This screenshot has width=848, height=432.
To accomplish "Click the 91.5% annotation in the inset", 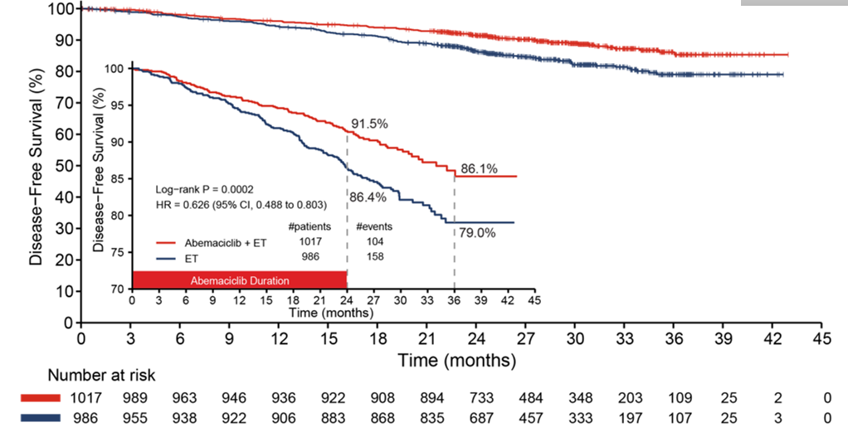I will point(370,124).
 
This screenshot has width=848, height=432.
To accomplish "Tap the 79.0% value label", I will point(478,233).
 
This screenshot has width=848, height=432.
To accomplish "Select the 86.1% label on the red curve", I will point(479,168).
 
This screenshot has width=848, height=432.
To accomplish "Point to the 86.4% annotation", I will point(369,199).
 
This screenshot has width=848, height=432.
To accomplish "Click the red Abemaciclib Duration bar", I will point(239,279).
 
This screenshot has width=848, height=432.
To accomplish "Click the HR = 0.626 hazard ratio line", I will point(240,204).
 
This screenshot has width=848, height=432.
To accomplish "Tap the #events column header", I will point(374,227).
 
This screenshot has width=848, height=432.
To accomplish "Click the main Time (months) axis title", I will point(456,361).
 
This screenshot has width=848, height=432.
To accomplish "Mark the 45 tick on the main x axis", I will point(822,338).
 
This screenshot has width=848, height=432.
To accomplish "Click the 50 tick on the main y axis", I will point(61,165).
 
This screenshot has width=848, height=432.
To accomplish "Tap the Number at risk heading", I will point(101,376).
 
